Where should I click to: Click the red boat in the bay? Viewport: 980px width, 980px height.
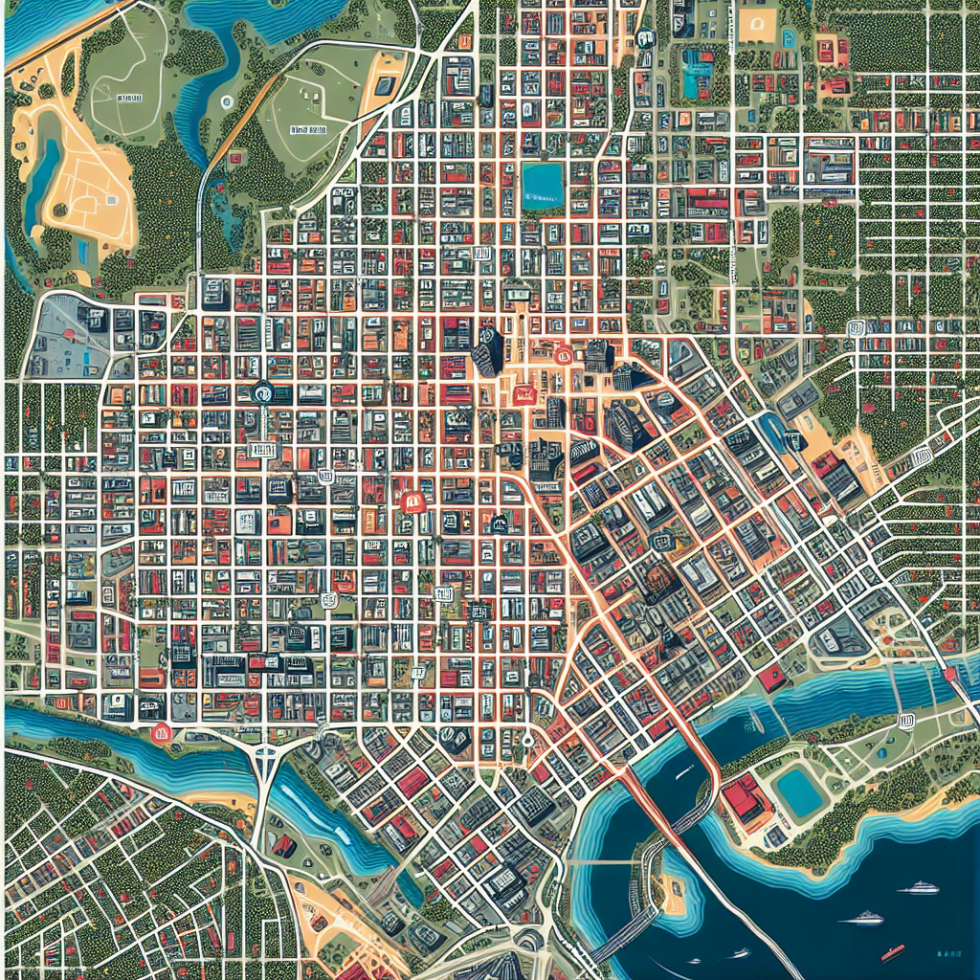(892, 951)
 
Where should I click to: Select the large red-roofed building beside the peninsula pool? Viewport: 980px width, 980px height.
(746, 800)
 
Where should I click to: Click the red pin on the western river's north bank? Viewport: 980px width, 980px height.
(161, 734)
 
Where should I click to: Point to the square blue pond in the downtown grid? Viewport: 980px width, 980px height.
(543, 182)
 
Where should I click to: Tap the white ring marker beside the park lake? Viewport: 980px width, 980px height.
(226, 100)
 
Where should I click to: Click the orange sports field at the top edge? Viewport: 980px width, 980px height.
(763, 24)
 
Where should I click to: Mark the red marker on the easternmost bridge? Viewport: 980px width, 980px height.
(949, 676)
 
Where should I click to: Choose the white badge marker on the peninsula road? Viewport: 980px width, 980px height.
(907, 721)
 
